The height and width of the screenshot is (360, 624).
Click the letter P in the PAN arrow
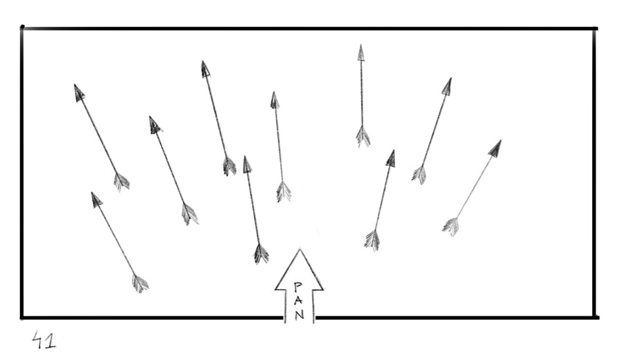[298, 286]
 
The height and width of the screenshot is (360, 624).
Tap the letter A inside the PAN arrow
[298, 300]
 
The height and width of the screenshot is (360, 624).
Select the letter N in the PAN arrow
[300, 315]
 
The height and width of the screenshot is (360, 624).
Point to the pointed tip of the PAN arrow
[300, 249]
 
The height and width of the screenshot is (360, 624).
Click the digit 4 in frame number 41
[38, 339]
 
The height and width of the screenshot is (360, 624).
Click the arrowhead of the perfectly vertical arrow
[361, 53]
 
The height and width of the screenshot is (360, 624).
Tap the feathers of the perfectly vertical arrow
[363, 136]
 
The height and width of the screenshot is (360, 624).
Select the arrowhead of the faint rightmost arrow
[496, 148]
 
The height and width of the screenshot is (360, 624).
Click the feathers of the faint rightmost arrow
[451, 226]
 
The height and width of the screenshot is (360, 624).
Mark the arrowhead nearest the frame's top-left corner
[79, 92]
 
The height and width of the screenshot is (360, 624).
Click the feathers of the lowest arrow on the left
[139, 283]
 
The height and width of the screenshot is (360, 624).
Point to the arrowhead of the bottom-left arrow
[96, 200]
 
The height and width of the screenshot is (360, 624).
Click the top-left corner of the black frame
[22, 28]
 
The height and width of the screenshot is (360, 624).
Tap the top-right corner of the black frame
[596, 28]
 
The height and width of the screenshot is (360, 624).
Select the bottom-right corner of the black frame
[596, 318]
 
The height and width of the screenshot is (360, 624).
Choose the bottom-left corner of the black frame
[22, 318]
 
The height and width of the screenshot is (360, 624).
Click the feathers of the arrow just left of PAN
[261, 253]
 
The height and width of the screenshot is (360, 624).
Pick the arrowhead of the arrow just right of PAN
[391, 158]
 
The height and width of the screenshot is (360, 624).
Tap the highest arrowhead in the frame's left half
[205, 69]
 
